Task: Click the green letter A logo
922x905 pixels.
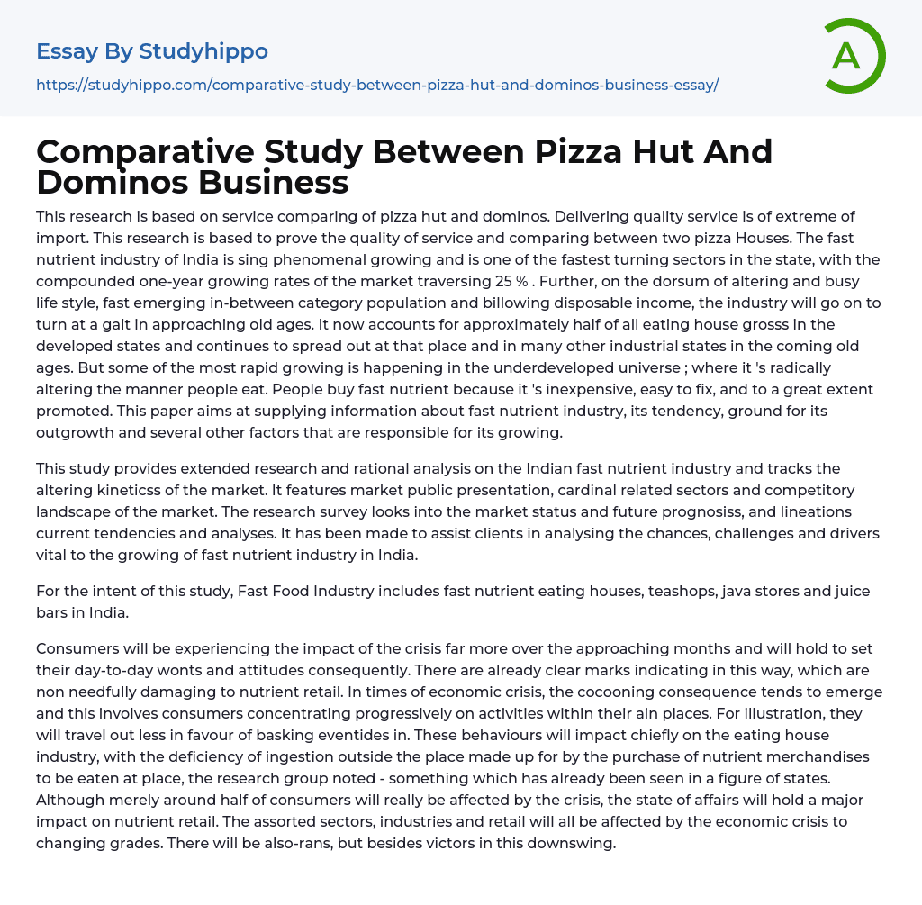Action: (854, 56)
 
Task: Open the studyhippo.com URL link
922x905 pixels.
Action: (377, 85)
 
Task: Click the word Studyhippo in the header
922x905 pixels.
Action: (203, 51)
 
